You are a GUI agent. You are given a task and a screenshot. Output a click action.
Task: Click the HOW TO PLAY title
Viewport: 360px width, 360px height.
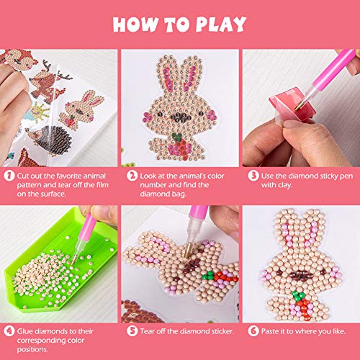pyautogui.click(x=179, y=24)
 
